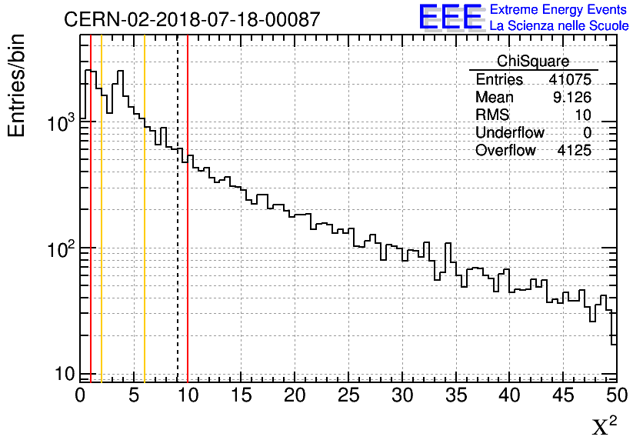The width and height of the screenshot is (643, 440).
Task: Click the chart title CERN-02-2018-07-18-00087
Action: coord(192,20)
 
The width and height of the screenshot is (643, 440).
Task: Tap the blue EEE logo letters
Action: coord(451,17)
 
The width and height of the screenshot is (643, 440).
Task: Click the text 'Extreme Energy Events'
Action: coord(559,10)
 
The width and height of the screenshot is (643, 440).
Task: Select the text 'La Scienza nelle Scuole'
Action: coord(559,25)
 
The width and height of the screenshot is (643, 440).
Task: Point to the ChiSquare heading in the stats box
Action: coord(533,62)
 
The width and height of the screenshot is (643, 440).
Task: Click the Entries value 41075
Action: coord(570,80)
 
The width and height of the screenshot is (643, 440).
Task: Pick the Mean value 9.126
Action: coord(570,98)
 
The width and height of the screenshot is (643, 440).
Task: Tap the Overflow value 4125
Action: coord(574,151)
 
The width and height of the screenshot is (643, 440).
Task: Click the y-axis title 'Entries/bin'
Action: coord(17,85)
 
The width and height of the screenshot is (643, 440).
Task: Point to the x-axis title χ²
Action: coord(604,426)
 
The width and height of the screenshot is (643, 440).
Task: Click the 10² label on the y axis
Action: coord(58,249)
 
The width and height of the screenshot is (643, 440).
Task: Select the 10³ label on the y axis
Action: coord(58,123)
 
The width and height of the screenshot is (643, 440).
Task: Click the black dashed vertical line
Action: coord(178,231)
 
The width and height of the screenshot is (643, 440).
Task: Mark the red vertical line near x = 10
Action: coord(188,269)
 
